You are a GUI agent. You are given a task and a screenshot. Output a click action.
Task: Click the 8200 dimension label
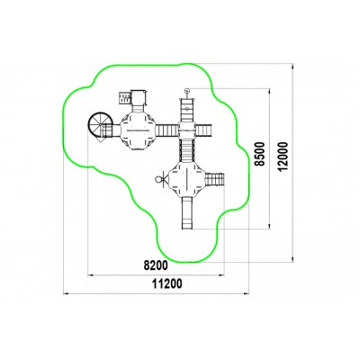[156, 265]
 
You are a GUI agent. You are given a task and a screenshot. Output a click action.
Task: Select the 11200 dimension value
[167, 283]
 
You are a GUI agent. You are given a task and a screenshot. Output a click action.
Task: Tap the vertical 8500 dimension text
[260, 154]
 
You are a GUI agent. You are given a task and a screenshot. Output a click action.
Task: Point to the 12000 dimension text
[283, 157]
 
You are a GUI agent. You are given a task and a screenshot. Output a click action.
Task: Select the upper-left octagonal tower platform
[138, 130]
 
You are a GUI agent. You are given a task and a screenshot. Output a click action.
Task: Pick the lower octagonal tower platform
[186, 179]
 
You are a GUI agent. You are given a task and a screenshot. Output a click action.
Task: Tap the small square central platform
[187, 130]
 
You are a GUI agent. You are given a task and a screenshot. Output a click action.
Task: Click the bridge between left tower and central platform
[167, 130]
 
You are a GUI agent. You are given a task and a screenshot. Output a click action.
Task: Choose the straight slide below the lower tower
[187, 213]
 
